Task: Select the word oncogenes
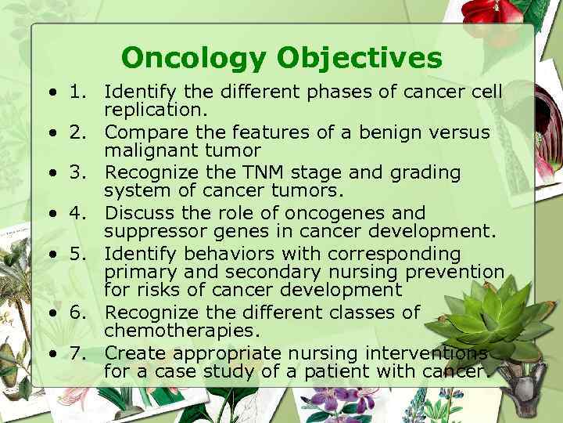click(340, 213)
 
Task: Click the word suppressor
click(149, 232)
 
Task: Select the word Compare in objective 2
click(142, 132)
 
